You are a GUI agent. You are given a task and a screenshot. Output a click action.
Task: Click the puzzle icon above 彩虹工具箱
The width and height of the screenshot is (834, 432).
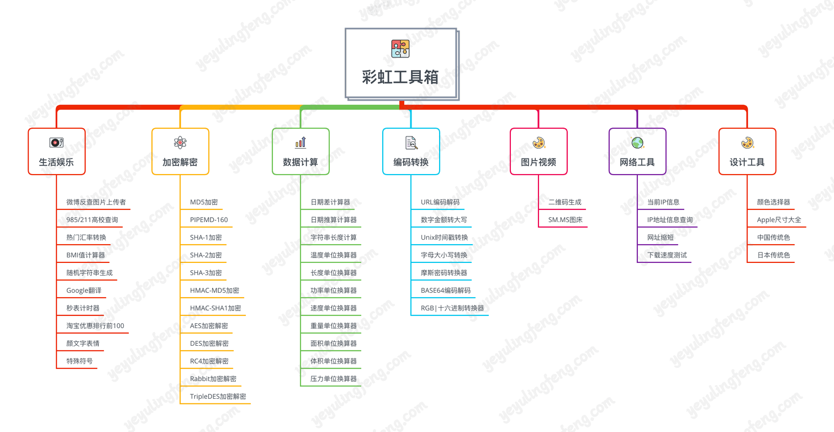400,49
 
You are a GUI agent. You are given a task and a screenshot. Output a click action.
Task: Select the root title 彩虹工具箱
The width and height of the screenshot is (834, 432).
400,77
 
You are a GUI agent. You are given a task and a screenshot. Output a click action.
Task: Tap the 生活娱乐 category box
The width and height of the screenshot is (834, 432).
56,151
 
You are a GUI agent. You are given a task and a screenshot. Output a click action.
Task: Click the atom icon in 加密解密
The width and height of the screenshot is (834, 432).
180,143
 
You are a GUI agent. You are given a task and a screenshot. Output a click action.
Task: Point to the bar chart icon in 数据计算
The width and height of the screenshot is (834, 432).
300,143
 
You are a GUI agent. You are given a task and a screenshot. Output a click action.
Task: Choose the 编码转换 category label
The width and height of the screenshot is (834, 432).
411,162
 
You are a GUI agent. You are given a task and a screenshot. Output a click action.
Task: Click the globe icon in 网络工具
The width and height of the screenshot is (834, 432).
637,143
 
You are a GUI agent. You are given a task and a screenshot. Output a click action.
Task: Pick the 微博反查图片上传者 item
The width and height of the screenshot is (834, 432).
96,202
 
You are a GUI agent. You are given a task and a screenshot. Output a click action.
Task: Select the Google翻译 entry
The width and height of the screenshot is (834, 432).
84,291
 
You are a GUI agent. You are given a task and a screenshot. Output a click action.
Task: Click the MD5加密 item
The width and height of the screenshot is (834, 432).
204,202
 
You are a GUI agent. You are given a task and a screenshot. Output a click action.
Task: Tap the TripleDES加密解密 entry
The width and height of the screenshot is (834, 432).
218,397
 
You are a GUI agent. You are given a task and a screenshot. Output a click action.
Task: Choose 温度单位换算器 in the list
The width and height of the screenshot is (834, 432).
334,255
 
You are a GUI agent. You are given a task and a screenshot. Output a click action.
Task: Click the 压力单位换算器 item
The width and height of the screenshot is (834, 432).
334,379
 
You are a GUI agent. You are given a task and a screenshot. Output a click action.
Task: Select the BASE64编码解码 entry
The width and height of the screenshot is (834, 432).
446,291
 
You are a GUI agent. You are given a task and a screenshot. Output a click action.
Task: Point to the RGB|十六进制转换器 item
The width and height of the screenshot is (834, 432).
452,308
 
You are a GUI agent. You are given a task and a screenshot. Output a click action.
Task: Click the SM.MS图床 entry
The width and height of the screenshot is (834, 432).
566,220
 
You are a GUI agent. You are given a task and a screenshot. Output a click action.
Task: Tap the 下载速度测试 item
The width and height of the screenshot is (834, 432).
667,255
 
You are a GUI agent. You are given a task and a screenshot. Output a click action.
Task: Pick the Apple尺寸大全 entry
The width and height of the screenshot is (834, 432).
779,220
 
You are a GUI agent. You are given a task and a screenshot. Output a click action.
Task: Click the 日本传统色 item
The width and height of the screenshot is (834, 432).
773,255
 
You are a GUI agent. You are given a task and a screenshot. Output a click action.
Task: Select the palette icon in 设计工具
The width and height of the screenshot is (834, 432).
747,143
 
